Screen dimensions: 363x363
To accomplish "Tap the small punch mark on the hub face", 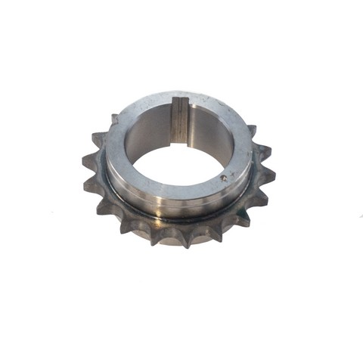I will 224,178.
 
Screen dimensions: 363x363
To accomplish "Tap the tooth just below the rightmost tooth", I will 261,198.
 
